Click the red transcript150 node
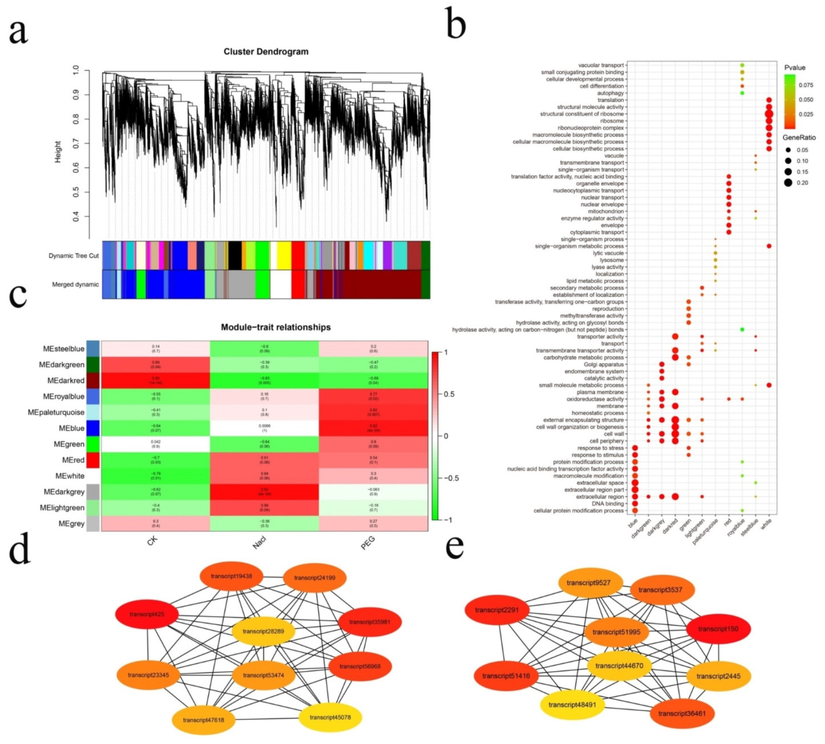718,629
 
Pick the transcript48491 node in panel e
572,704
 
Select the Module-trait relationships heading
275,327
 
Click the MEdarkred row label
65,380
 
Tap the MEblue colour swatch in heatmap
93,428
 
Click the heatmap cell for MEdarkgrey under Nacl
264,492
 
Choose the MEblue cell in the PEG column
373,428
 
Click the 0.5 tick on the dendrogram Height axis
76,192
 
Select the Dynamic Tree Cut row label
74,256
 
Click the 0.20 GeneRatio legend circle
788,183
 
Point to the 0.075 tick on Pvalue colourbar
806,85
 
